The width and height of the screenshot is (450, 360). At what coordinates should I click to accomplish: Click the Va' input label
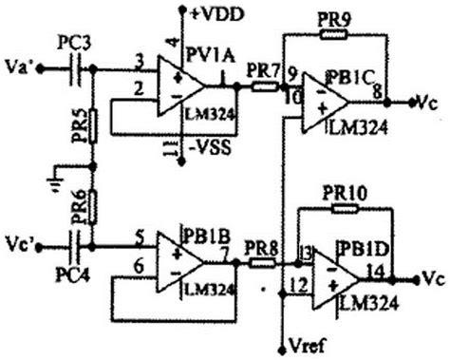20,68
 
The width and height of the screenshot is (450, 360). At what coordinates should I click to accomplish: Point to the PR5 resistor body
93,128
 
